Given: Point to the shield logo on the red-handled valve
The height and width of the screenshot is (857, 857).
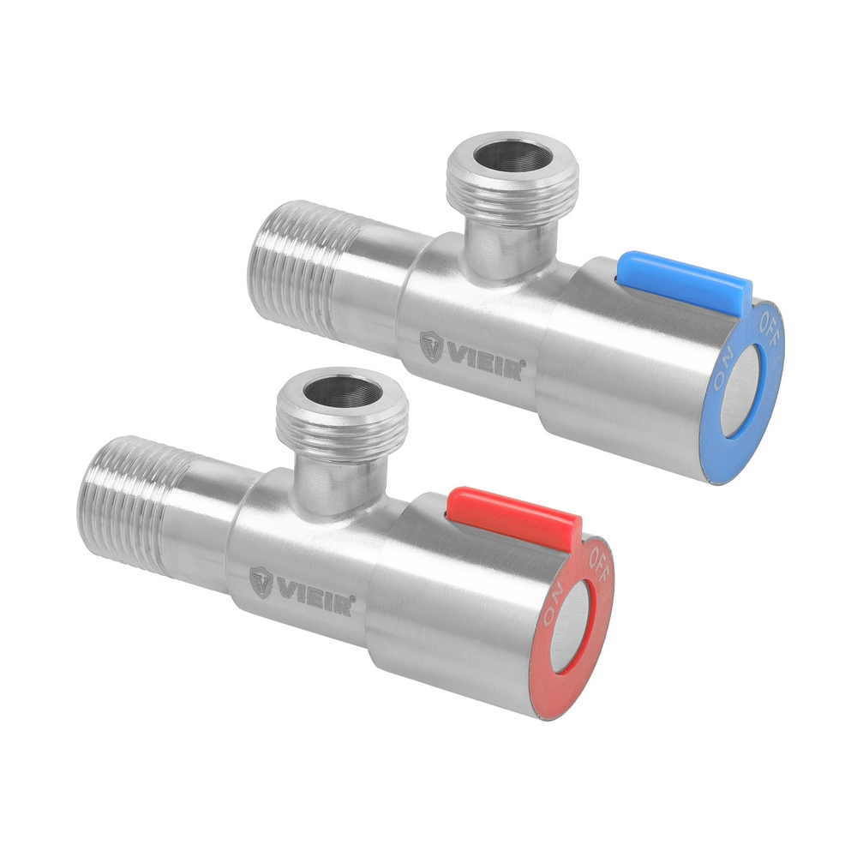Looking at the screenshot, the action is click(261, 583).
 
